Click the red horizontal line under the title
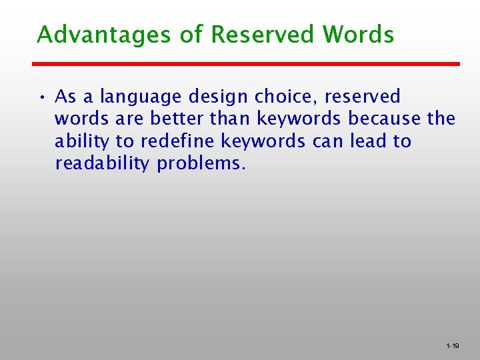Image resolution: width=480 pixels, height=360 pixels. click(x=246, y=64)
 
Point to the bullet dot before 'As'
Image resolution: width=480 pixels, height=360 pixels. click(x=41, y=98)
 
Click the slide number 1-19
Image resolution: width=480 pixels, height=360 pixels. click(x=452, y=346)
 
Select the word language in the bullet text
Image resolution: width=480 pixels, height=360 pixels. click(x=141, y=97)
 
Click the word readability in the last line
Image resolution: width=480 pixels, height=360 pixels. click(x=103, y=164)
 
